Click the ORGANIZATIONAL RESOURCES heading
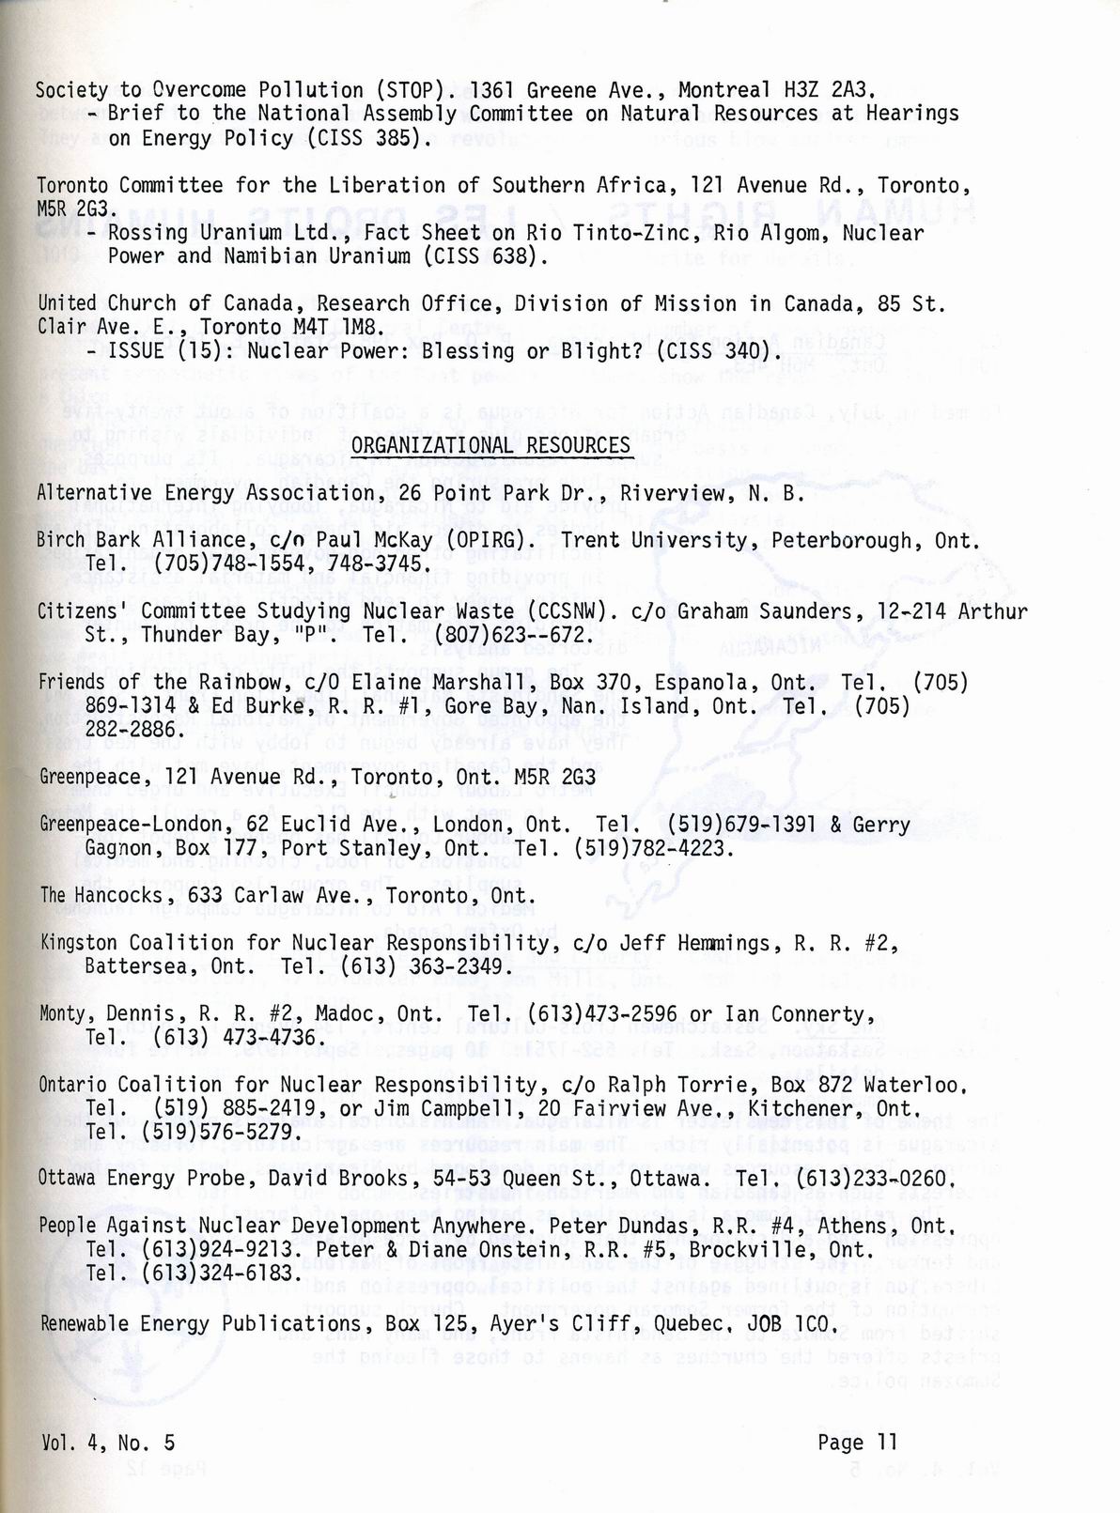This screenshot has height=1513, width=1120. click(x=490, y=444)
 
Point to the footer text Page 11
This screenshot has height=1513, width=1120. click(x=858, y=1443)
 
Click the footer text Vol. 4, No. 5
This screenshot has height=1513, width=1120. click(x=107, y=1443)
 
